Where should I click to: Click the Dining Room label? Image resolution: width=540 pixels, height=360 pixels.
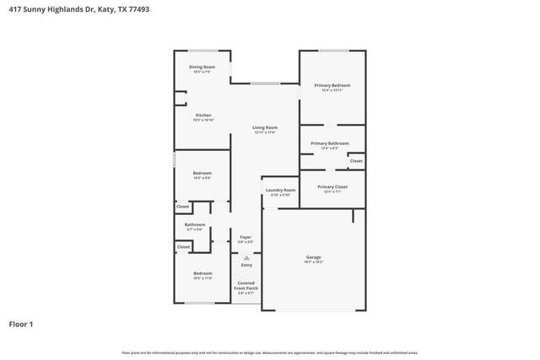202,67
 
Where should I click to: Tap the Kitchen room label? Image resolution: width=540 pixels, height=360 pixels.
203,115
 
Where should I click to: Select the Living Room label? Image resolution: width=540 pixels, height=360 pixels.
265,128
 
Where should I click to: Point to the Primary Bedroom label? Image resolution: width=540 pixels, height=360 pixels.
332,85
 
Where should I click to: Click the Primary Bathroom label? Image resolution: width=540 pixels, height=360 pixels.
329,143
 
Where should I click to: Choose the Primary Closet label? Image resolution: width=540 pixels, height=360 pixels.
332,186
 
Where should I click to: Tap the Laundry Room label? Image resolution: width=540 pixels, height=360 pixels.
280,191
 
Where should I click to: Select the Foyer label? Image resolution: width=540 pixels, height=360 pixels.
246,238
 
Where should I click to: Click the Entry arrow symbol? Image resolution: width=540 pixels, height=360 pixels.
246,258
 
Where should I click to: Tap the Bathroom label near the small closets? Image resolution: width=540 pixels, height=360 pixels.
195,224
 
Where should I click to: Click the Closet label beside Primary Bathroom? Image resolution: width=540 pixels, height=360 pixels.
356,160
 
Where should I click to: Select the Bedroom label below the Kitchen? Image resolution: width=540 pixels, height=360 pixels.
202,174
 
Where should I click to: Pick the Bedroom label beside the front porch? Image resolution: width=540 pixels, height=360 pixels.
202,273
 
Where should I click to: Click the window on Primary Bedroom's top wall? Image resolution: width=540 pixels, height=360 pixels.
333,51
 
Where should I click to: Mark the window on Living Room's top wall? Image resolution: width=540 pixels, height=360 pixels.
265,83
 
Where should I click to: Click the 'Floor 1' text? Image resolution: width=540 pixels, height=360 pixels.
23,323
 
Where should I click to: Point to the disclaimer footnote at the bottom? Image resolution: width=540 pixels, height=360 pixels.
269,352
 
